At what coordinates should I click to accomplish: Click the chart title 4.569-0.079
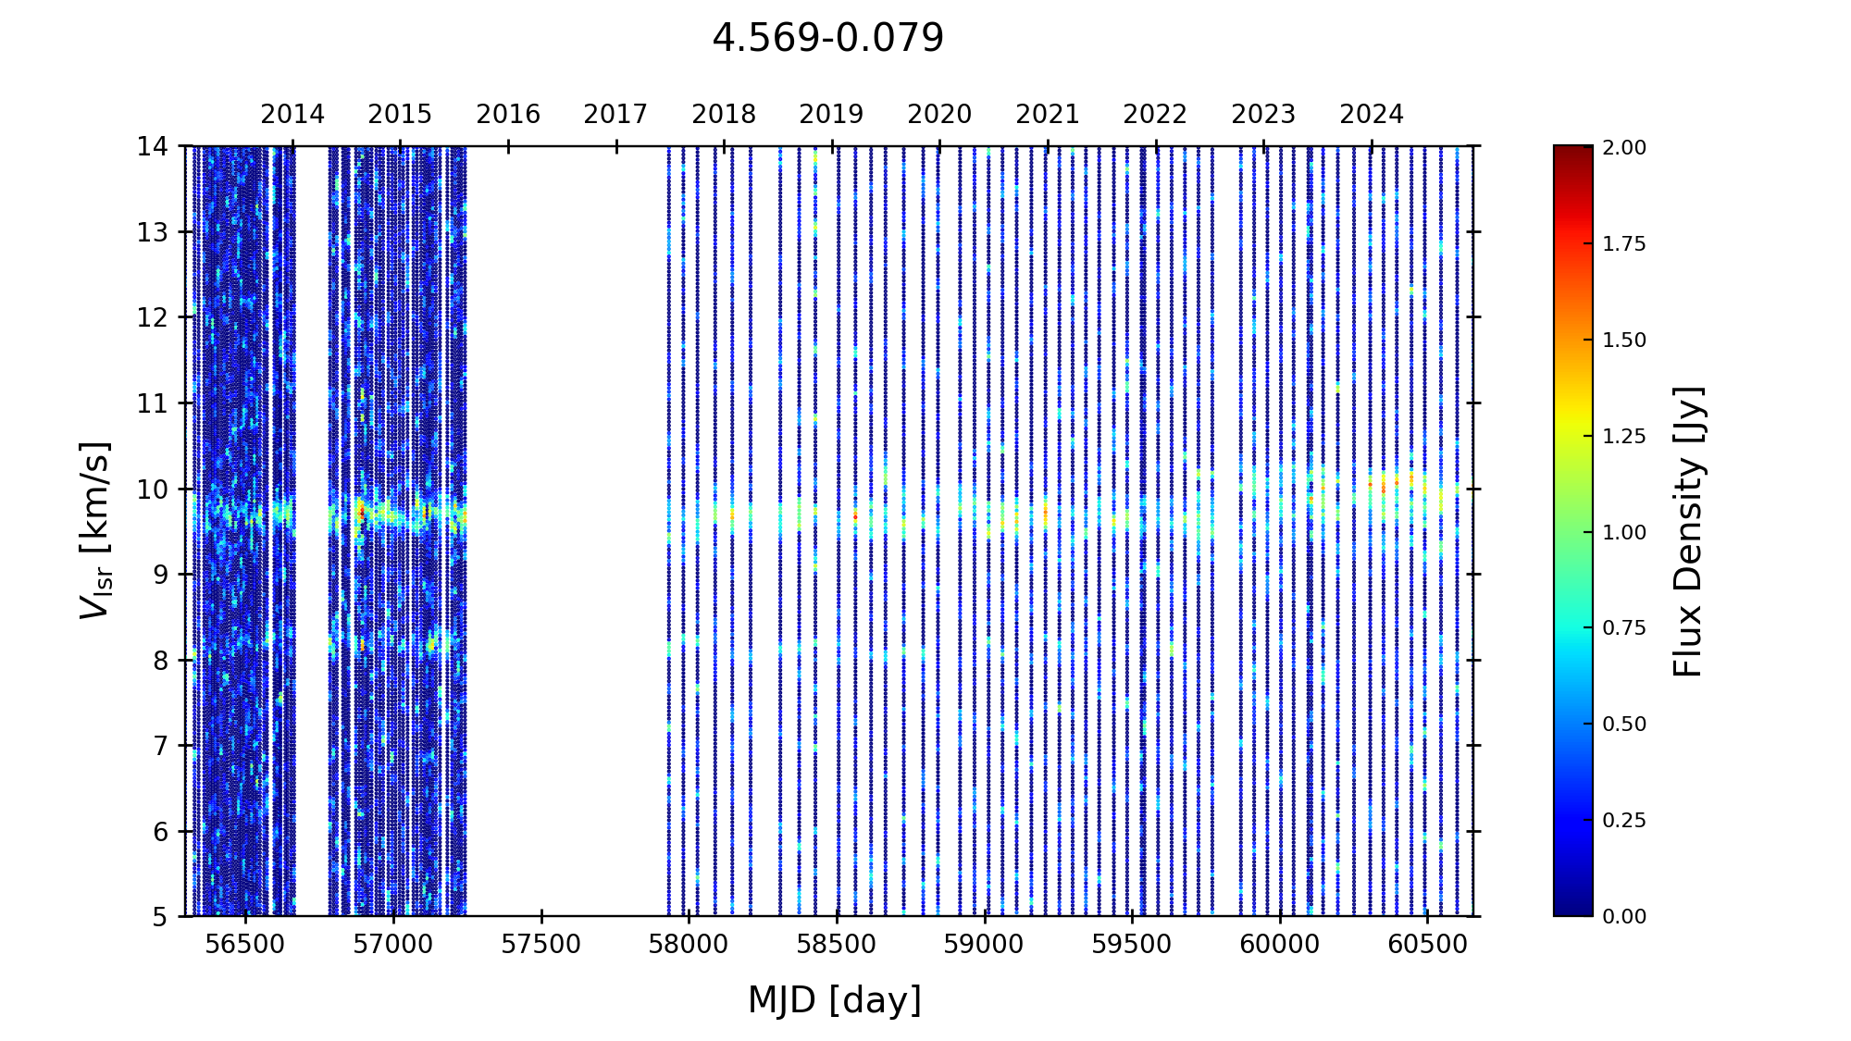[x=827, y=39]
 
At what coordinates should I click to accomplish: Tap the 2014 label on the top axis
[x=292, y=115]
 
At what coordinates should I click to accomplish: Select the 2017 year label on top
[x=615, y=115]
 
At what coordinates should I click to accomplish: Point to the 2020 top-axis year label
[x=939, y=115]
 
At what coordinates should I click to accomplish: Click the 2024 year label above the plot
[x=1372, y=115]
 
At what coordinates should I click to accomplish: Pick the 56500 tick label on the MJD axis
[x=245, y=945]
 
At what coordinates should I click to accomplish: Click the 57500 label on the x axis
[x=541, y=945]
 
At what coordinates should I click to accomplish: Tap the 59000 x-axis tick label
[x=985, y=945]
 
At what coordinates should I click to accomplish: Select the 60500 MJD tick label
[x=1427, y=945]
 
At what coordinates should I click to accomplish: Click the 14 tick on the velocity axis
[x=153, y=146]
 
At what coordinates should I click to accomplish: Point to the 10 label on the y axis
[x=153, y=490]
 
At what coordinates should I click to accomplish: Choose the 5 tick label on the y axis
[x=160, y=917]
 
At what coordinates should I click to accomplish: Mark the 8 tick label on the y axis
[x=160, y=661]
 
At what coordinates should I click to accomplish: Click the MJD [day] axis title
[x=835, y=1001]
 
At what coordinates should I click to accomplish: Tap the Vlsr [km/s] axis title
[x=95, y=530]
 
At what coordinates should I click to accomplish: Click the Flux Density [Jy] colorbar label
[x=1689, y=531]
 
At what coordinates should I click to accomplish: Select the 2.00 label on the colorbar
[x=1624, y=148]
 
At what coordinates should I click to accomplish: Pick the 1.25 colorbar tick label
[x=1624, y=437]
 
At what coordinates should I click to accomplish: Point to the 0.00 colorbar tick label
[x=1624, y=917]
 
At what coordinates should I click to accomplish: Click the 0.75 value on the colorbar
[x=1624, y=628]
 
